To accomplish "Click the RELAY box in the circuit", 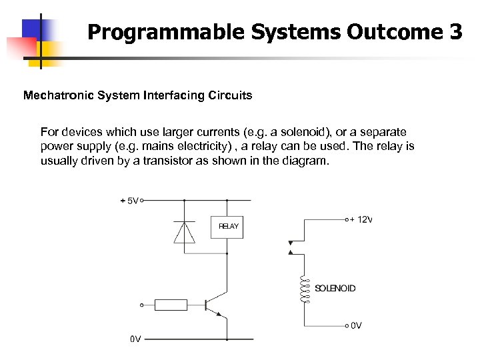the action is click(228, 227).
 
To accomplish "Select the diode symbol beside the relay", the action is click(185, 231).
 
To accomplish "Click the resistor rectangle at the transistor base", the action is click(171, 305).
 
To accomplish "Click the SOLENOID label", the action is click(335, 289).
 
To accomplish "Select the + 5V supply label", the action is click(129, 200).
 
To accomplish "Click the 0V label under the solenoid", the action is click(356, 325).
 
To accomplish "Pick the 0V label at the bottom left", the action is click(135, 339).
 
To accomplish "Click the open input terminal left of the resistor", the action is click(141, 305).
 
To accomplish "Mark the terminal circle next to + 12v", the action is click(347, 219).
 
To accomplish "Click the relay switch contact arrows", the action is click(289, 247).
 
